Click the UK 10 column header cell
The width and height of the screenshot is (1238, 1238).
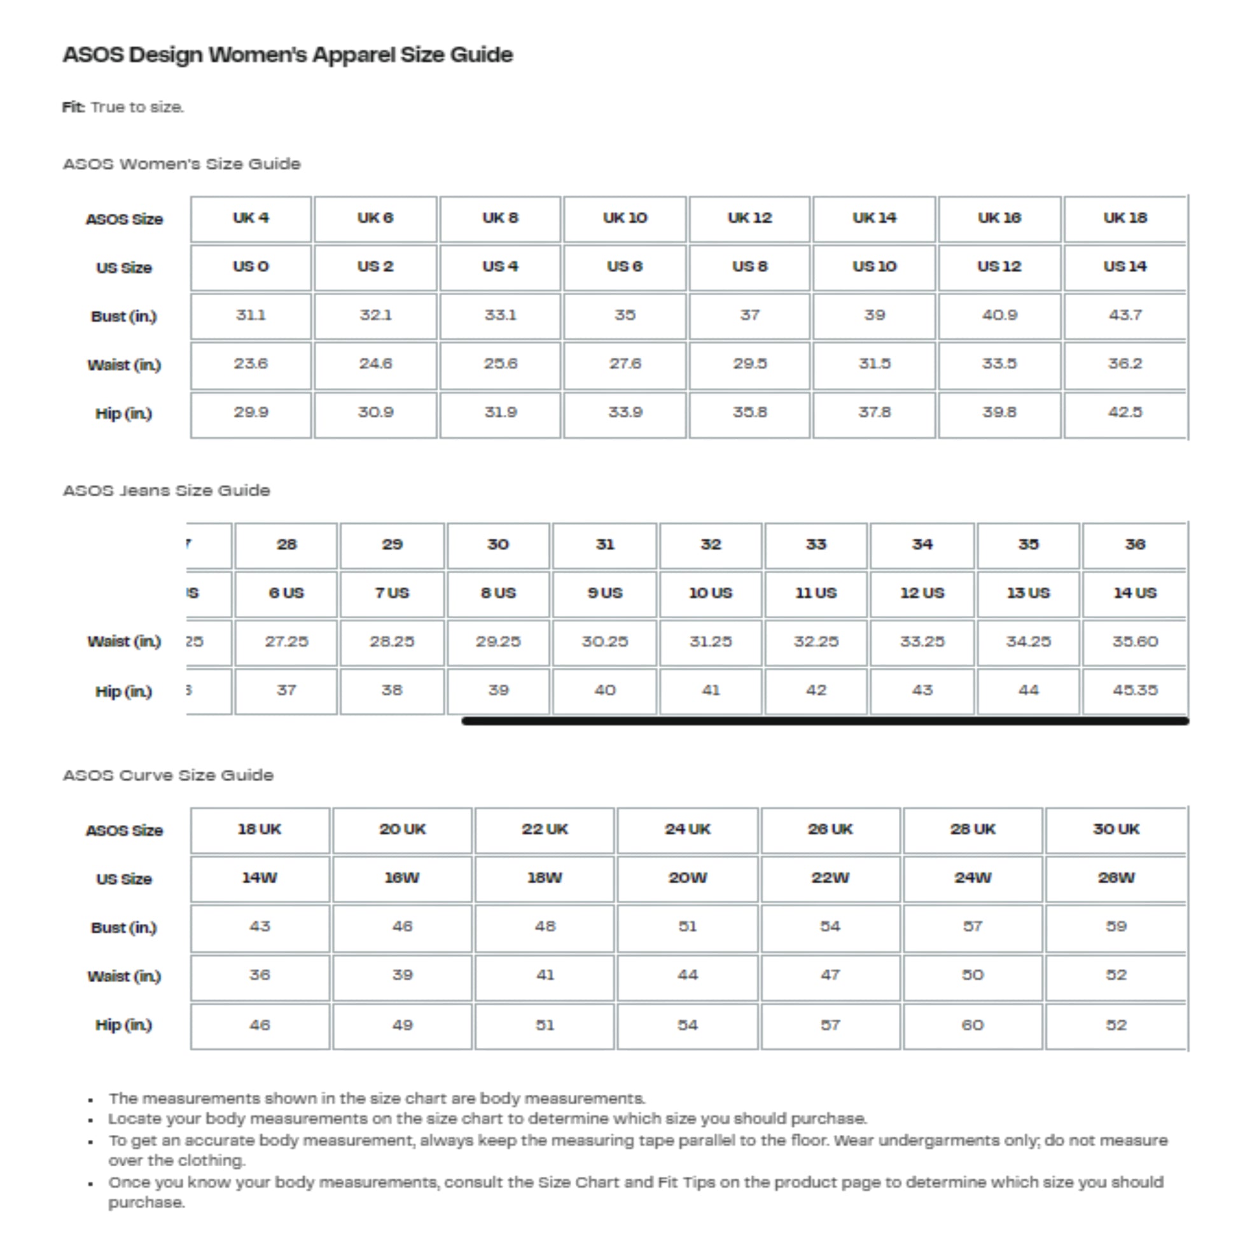(625, 218)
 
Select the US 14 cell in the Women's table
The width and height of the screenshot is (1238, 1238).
(1125, 267)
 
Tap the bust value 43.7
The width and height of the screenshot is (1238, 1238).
(1125, 316)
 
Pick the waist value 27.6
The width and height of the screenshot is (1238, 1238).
(625, 364)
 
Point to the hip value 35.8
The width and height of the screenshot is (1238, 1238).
(749, 413)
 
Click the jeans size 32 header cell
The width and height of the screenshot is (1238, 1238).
(711, 545)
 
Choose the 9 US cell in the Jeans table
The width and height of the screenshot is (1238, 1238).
(605, 594)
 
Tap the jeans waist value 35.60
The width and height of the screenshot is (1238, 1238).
(1135, 642)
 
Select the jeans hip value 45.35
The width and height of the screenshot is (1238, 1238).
(1135, 691)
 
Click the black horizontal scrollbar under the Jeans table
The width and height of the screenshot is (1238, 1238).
(824, 721)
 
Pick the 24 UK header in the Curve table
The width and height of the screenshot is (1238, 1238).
(688, 829)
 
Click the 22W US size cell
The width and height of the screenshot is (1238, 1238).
(830, 878)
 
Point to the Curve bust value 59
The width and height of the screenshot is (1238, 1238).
(1116, 926)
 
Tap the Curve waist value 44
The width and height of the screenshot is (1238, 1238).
(688, 975)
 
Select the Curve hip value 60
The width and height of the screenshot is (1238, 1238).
(973, 1026)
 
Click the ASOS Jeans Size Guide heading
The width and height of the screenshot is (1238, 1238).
(167, 491)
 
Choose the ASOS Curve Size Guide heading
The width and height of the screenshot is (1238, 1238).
(168, 775)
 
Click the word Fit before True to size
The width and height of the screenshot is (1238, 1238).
(73, 107)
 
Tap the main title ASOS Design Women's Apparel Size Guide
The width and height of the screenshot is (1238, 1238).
(288, 55)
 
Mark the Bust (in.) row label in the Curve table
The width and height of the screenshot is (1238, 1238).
(123, 928)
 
